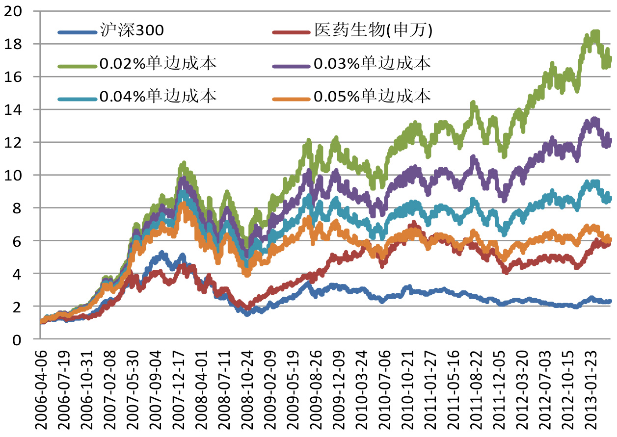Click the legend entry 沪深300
point(131,31)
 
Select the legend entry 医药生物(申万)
point(373,31)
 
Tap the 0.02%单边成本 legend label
point(158,64)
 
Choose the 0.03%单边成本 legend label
point(372,64)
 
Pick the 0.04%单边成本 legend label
point(158,97)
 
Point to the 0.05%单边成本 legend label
point(372,97)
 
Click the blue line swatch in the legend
point(76,32)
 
